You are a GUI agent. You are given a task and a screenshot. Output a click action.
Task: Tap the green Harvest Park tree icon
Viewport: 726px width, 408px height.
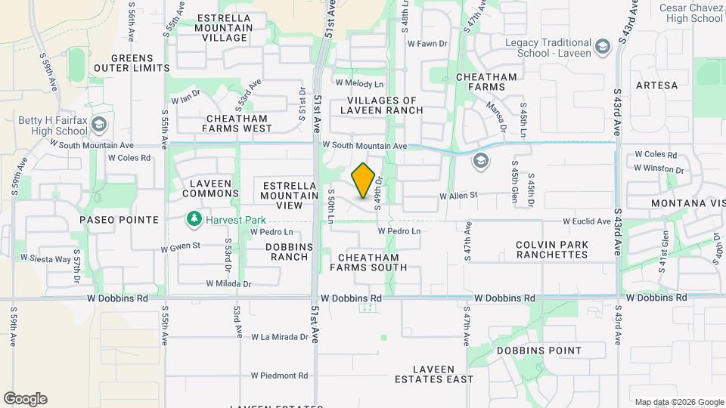194,219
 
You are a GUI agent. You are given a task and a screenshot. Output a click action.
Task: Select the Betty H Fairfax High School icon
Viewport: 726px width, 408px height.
98,124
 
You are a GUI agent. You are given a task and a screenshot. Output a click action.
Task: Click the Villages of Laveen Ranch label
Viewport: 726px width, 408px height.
382,105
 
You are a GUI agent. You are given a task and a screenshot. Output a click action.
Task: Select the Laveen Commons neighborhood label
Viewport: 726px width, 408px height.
215,188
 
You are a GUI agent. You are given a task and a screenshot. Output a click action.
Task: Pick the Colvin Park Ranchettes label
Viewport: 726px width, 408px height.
552,249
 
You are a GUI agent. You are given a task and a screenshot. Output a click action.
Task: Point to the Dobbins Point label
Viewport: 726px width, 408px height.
539,351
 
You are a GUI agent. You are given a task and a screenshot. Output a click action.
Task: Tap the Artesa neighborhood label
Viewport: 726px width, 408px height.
656,85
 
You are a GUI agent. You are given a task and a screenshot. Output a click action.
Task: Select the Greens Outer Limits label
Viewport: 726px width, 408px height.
132,63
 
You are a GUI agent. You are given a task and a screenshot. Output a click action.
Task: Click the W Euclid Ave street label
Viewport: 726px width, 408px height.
586,221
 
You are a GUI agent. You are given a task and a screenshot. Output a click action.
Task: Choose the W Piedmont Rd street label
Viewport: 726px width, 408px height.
280,376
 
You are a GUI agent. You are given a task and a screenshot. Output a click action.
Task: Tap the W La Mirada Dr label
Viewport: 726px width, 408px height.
281,336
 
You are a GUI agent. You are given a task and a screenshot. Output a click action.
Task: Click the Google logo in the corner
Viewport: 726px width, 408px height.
25,399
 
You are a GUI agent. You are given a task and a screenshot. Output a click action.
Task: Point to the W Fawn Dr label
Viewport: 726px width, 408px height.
428,44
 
